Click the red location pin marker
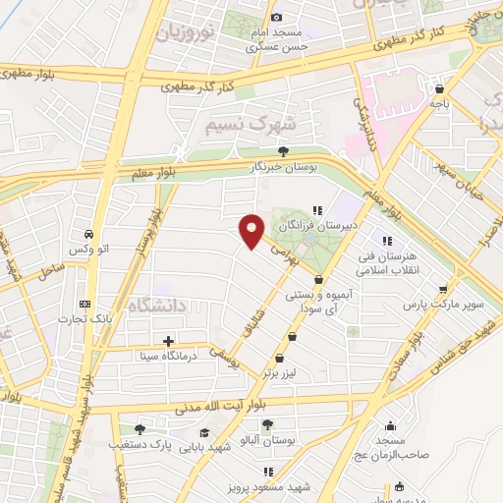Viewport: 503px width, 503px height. point(252,232)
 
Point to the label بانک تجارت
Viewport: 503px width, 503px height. point(81,319)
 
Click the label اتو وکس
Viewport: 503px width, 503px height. point(91,251)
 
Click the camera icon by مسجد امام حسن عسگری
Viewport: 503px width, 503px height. point(277,17)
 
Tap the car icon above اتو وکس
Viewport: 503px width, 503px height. point(89,236)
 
